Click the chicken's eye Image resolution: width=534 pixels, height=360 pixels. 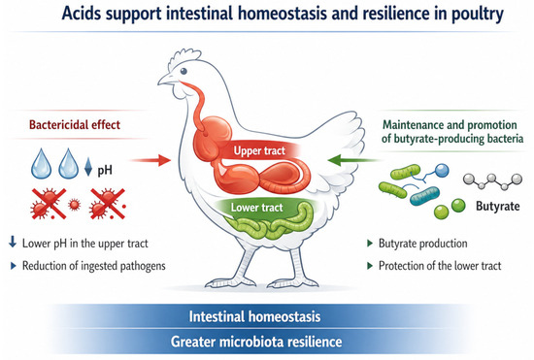(x=184, y=71)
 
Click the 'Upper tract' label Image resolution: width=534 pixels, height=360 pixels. (x=259, y=150)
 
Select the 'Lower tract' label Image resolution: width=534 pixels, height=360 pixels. (x=256, y=208)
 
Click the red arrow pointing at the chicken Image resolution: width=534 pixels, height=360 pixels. (x=150, y=160)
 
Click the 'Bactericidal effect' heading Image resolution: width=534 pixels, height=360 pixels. (x=75, y=124)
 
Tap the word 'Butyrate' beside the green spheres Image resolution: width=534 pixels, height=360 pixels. (x=497, y=206)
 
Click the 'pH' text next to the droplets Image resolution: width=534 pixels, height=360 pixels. (x=105, y=170)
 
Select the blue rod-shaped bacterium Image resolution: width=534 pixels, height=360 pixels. (x=424, y=196)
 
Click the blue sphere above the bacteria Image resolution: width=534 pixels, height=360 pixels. (x=442, y=171)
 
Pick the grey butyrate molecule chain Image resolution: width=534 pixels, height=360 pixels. (x=492, y=181)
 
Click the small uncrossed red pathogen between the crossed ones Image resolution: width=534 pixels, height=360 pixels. (x=74, y=205)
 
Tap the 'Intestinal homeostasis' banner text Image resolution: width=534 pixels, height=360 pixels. (x=254, y=316)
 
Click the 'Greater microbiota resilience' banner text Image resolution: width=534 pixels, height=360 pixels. (x=256, y=342)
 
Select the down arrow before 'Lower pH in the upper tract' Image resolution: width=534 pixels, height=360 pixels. (x=13, y=242)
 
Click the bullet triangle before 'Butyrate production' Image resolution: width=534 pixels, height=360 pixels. (x=370, y=244)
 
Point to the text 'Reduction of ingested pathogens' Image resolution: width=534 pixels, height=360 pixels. (x=94, y=266)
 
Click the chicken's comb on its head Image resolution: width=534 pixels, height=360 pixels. (x=185, y=55)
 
